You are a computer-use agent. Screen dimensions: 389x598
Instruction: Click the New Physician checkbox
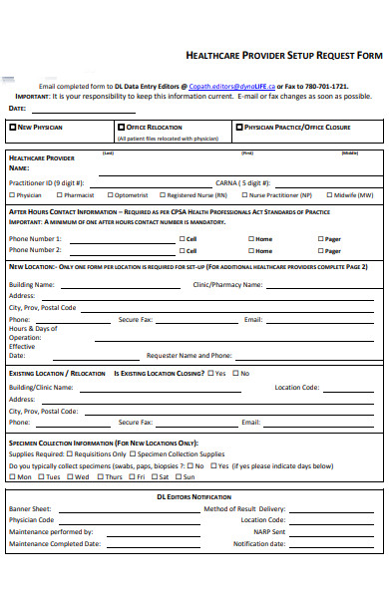(x=13, y=128)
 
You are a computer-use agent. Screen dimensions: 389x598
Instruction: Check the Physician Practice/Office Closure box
(x=238, y=128)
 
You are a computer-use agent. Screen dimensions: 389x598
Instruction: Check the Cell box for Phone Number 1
(x=181, y=239)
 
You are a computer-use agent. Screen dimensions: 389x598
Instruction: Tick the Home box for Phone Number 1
(x=250, y=239)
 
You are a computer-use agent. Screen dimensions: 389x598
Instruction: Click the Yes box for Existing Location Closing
(x=210, y=373)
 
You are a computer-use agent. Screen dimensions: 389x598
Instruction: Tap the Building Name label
(x=32, y=285)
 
